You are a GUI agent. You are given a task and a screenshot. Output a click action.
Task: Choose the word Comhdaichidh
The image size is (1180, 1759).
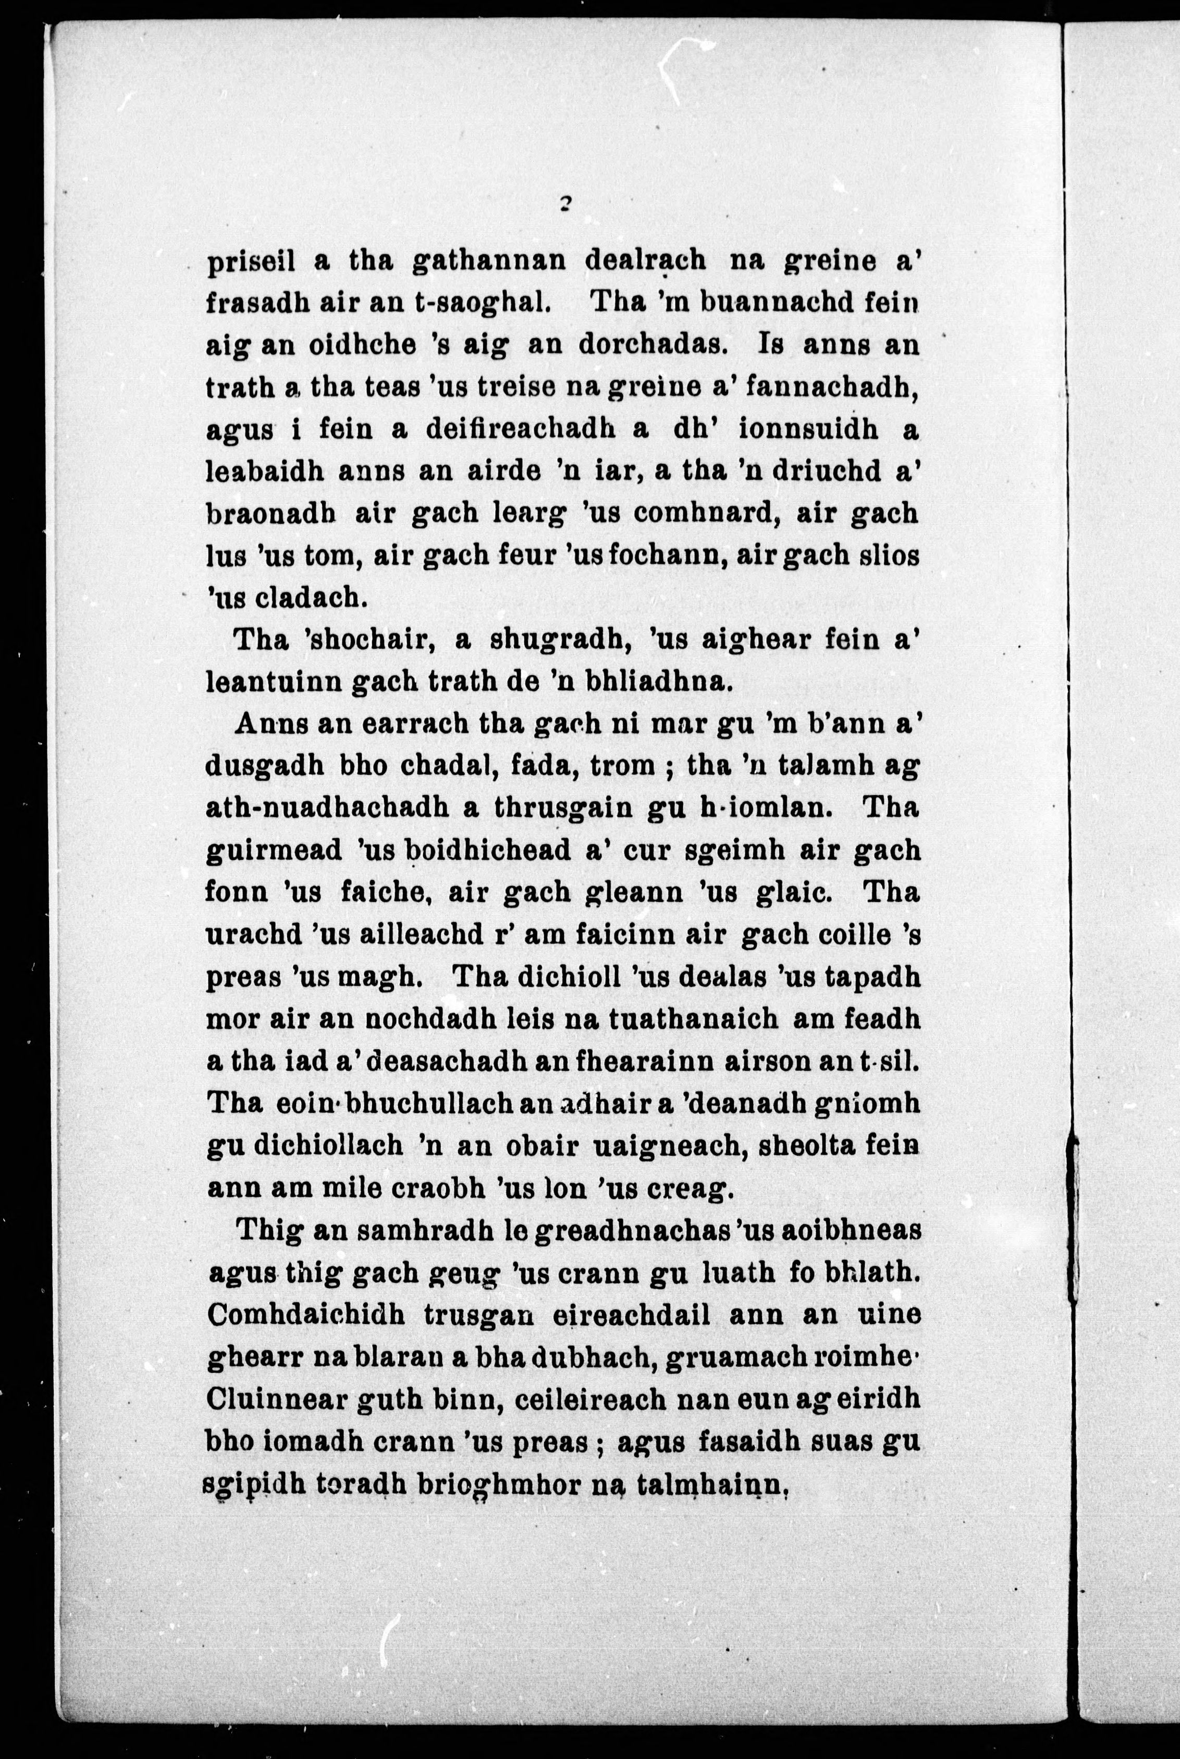pyautogui.click(x=305, y=1316)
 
